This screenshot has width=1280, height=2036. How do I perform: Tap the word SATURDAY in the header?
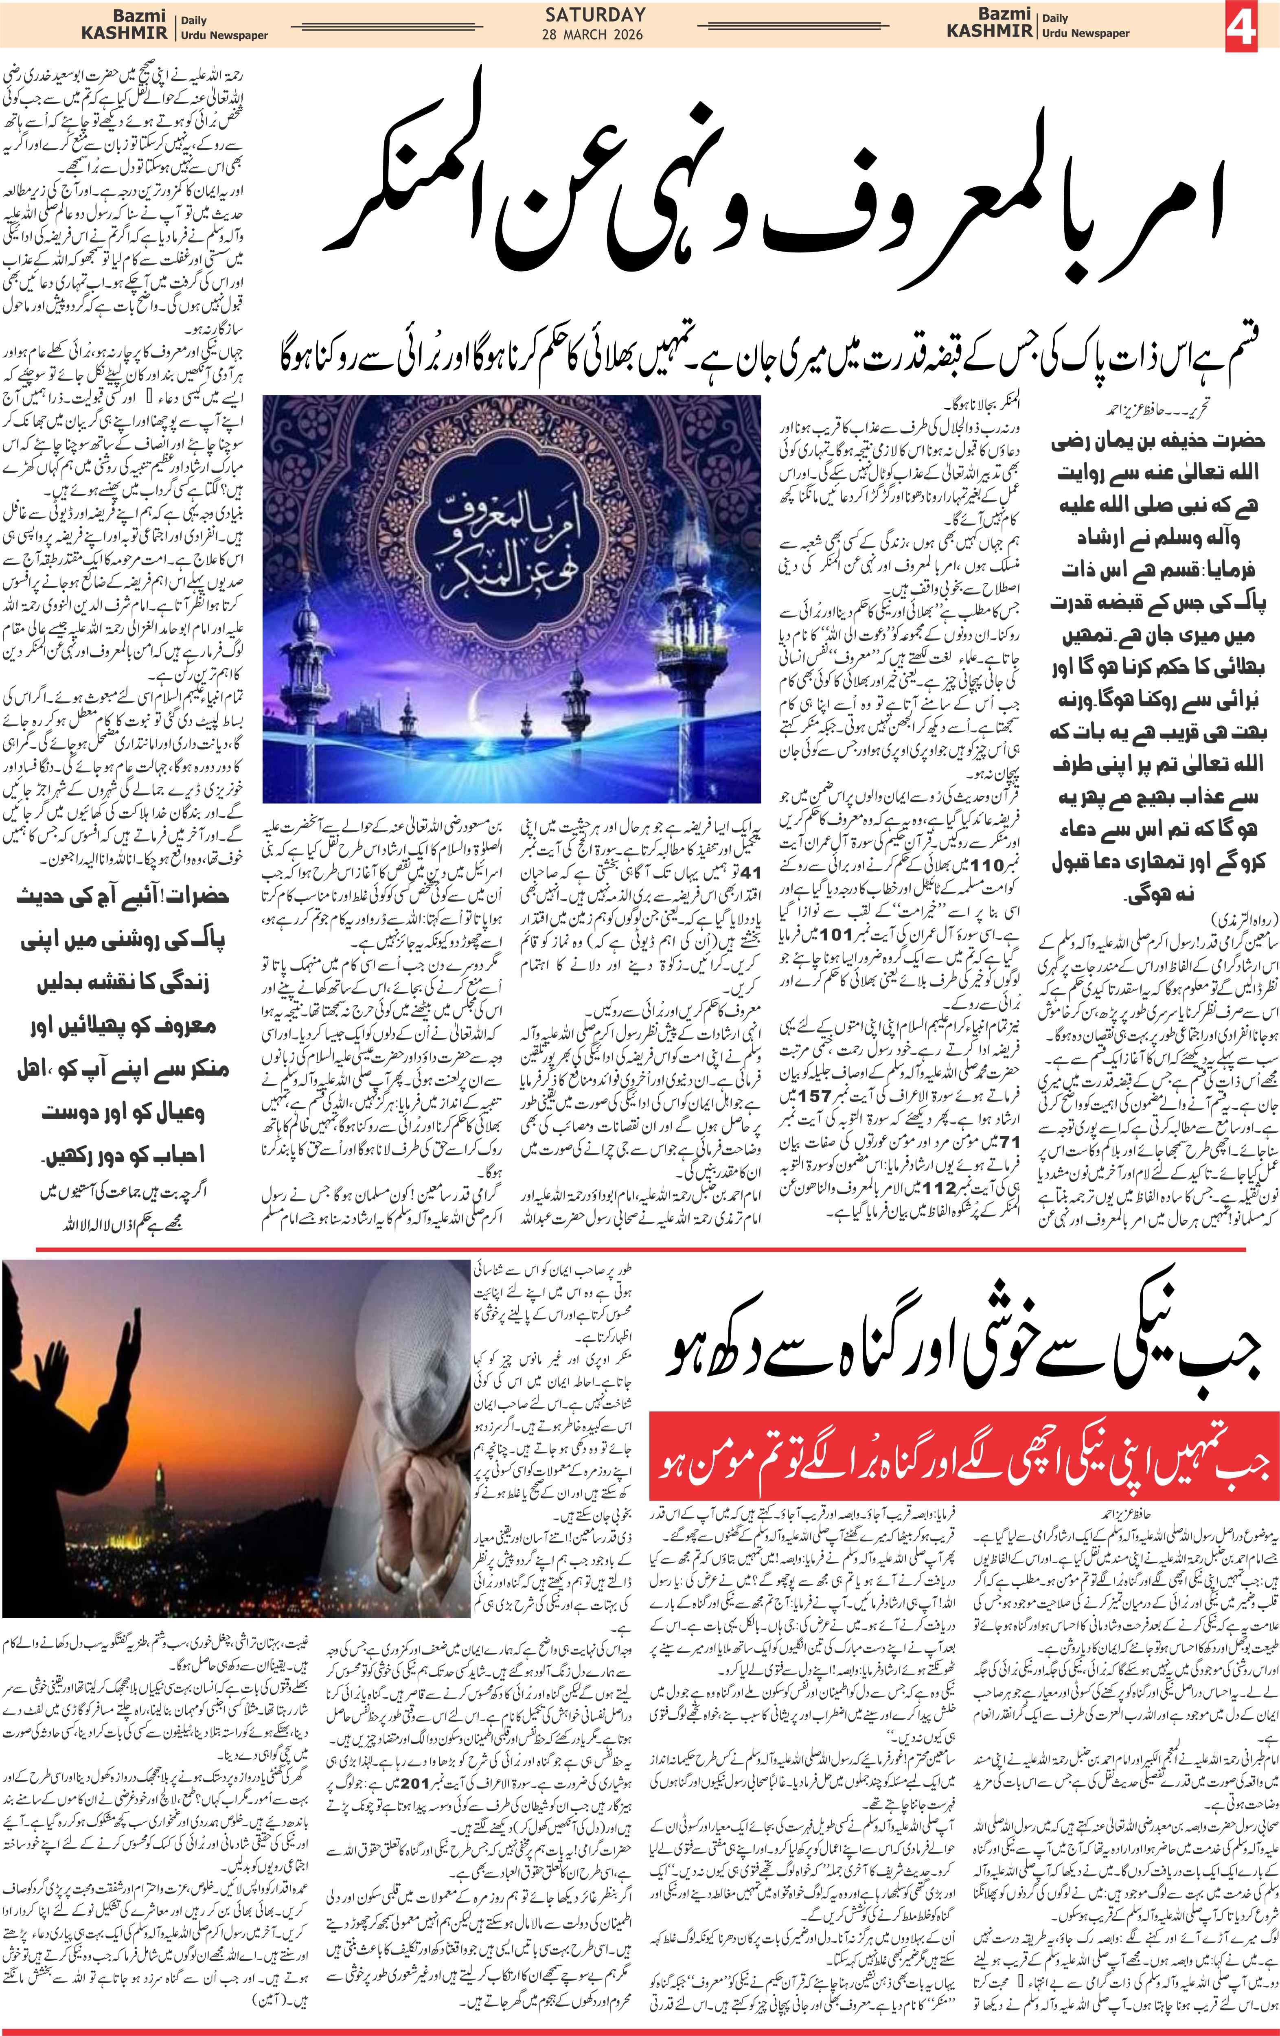click(x=595, y=14)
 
